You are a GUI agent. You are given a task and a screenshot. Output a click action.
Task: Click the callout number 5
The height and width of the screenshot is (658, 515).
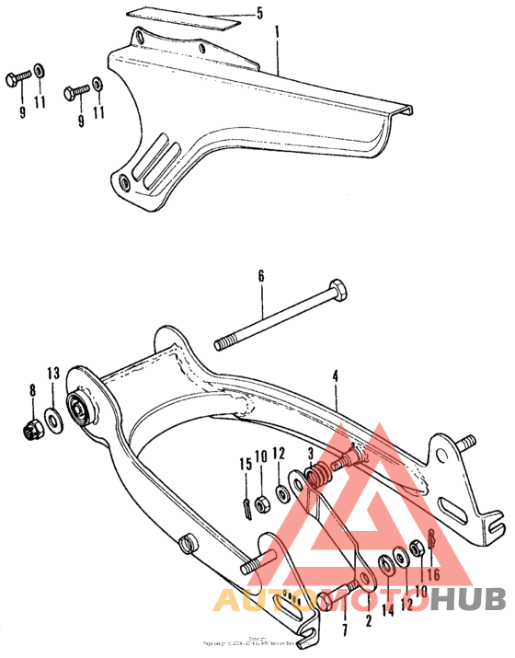259,14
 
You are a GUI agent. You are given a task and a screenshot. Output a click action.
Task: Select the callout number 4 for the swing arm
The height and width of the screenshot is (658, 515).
337,375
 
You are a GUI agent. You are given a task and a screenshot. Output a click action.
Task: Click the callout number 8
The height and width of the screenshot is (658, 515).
34,390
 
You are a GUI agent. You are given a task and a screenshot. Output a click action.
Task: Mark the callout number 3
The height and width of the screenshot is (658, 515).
312,452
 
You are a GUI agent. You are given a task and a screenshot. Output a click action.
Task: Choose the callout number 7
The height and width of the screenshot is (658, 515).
346,606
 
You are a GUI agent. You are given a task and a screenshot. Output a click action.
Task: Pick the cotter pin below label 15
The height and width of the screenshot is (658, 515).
246,506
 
